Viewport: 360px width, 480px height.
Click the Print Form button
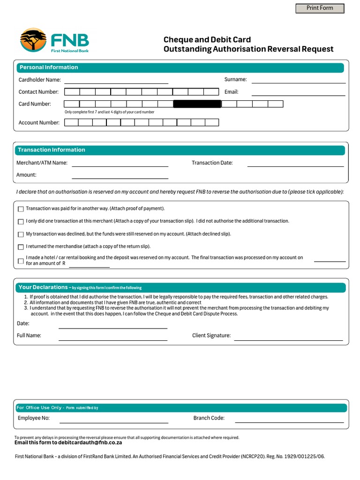click(x=320, y=8)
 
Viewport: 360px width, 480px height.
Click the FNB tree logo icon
click(x=33, y=40)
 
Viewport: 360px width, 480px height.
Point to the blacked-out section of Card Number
click(x=197, y=104)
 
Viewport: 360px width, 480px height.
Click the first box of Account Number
click(x=71, y=123)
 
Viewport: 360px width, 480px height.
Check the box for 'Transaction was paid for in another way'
click(x=21, y=209)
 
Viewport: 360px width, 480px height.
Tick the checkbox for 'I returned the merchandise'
click(x=21, y=247)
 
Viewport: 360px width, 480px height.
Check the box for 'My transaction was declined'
click(x=21, y=234)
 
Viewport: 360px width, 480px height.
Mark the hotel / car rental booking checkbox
click(x=21, y=261)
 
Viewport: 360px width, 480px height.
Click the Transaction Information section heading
click(x=52, y=150)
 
